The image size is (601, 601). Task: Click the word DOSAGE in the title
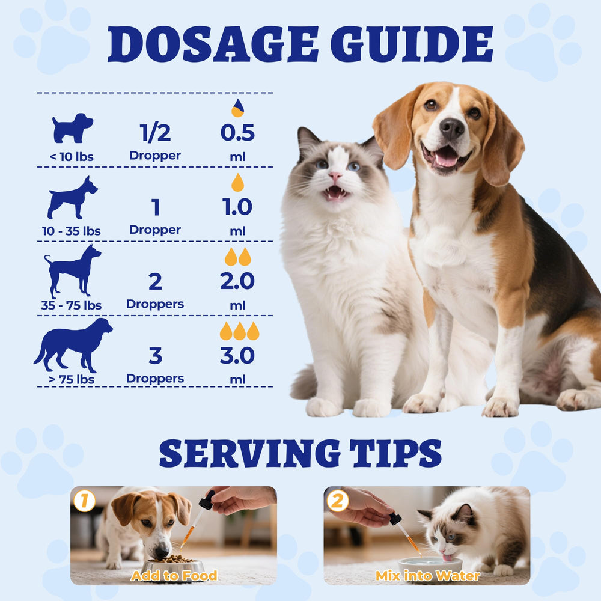(213, 44)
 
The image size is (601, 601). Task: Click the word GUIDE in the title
(412, 44)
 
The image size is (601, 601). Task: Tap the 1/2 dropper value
(155, 133)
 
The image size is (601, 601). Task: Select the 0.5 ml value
(237, 133)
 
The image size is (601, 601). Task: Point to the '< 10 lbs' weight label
(72, 156)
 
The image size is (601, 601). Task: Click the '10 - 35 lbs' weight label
(72, 231)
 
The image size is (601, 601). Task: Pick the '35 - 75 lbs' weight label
(72, 305)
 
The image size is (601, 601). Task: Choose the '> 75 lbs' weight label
(72, 379)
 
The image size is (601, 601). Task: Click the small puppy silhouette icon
(72, 128)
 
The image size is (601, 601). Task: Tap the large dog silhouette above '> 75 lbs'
(73, 345)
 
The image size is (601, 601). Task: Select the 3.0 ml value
(237, 355)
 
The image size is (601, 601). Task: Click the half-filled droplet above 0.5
(237, 108)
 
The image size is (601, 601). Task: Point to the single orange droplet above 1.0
(237, 183)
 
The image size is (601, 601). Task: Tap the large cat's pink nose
(335, 176)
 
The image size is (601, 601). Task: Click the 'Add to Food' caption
(174, 575)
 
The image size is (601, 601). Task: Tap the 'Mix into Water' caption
(427, 575)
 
